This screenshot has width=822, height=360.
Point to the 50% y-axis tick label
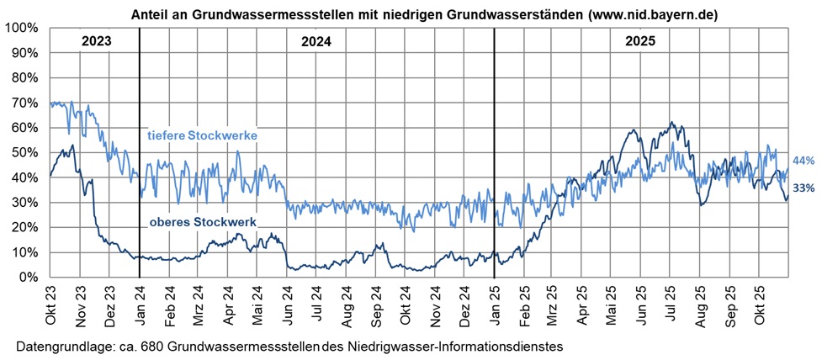click(23, 152)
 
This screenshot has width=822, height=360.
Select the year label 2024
click(316, 41)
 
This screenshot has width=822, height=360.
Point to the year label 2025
click(640, 41)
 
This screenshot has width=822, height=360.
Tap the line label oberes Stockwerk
click(202, 222)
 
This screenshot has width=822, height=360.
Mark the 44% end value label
click(803, 161)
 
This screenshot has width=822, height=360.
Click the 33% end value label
click(803, 188)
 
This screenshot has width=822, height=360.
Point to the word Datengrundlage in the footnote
click(61, 346)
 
